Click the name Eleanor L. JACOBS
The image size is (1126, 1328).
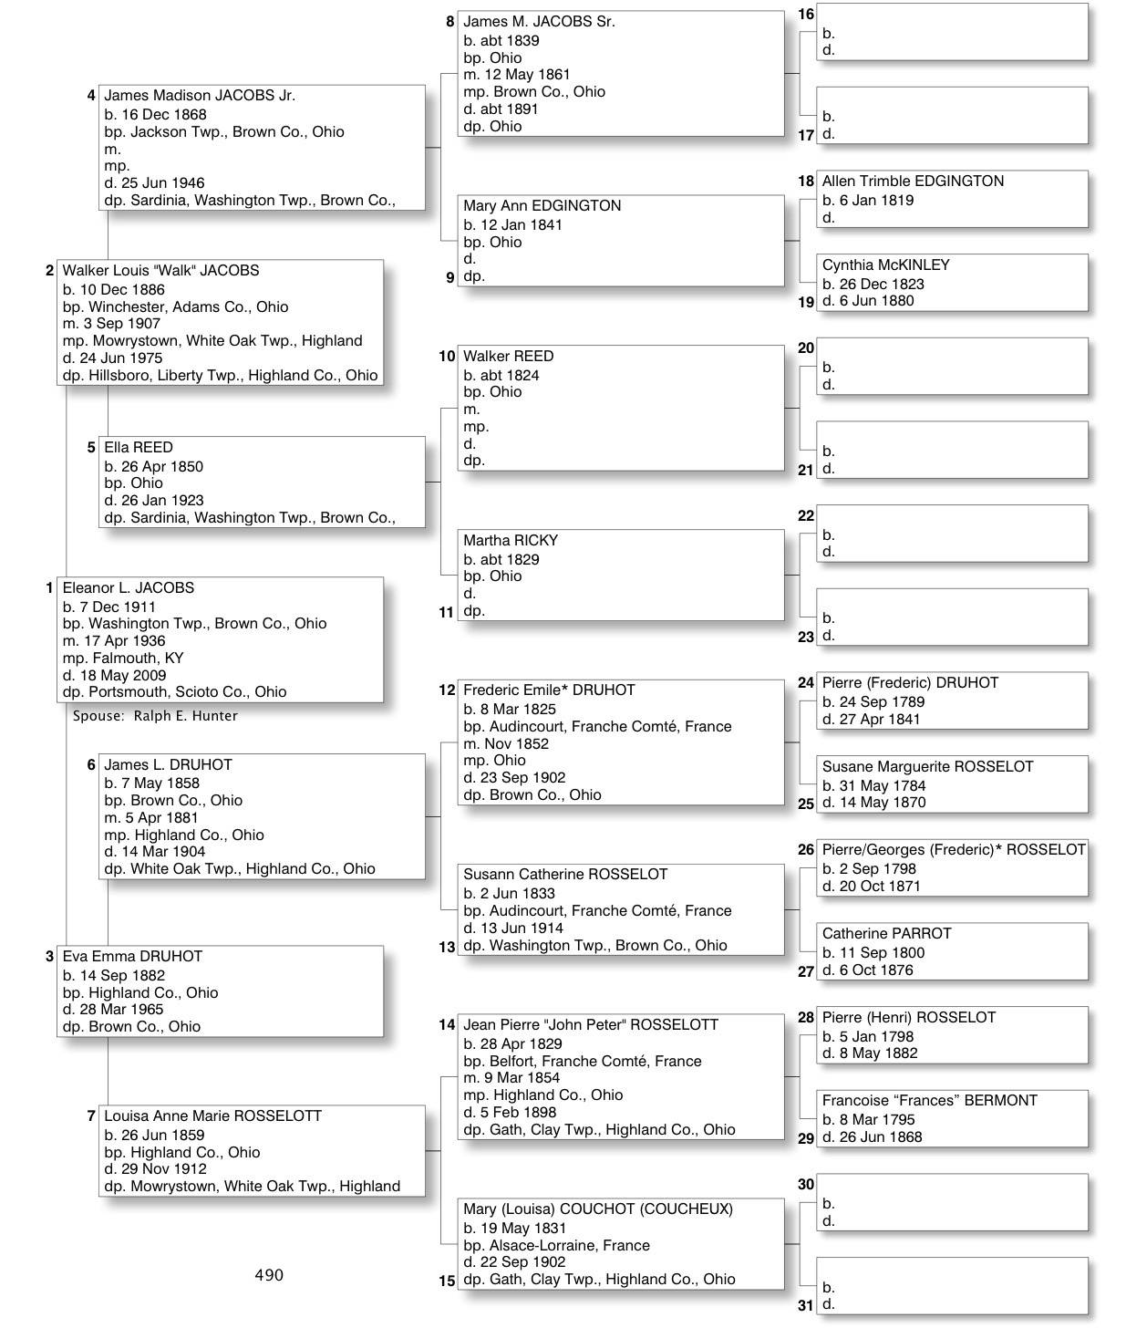tap(128, 588)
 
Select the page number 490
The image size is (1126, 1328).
tap(269, 1275)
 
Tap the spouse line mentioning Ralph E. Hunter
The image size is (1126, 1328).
tap(155, 716)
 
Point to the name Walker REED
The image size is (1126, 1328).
tap(508, 357)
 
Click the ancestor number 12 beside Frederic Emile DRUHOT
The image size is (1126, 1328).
tap(447, 690)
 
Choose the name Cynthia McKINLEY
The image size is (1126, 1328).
tap(885, 265)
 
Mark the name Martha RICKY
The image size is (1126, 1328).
tap(510, 541)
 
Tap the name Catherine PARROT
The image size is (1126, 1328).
tap(886, 934)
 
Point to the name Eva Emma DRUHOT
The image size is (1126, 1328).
tap(132, 957)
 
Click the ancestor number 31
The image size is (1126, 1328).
tap(806, 1305)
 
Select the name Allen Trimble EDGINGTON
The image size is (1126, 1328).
tap(913, 182)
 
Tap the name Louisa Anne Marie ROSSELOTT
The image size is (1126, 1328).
tap(212, 1116)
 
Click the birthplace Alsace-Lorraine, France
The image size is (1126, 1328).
tap(556, 1246)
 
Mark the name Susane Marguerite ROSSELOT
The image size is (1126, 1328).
tap(927, 767)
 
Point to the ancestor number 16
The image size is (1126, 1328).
tap(806, 15)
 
